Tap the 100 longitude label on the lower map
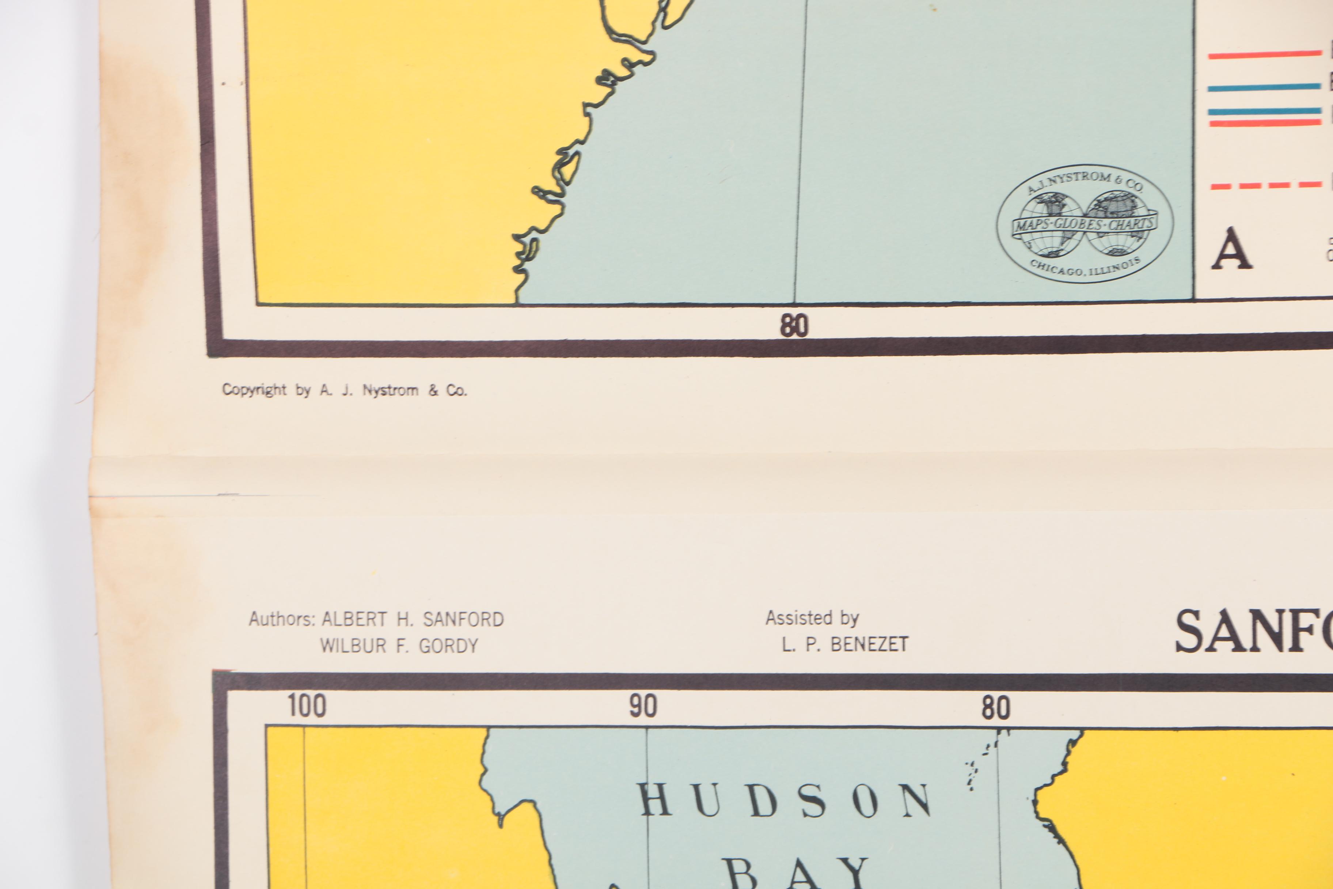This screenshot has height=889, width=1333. click(307, 706)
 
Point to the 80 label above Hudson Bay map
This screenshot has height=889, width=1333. click(996, 708)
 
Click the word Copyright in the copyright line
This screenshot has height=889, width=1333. click(254, 390)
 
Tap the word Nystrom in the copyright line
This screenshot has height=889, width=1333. click(390, 391)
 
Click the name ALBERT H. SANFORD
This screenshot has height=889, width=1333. click(413, 619)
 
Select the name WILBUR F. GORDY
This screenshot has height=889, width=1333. click(399, 646)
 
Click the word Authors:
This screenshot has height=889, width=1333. click(282, 619)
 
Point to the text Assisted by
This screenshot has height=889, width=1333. click(812, 618)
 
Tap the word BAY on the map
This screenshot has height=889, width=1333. click(796, 874)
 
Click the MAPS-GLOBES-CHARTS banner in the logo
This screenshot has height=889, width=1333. click(1084, 224)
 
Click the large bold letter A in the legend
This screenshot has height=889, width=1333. click(1231, 249)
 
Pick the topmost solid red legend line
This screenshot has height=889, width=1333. click(1264, 54)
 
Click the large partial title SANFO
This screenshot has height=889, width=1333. click(1253, 632)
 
